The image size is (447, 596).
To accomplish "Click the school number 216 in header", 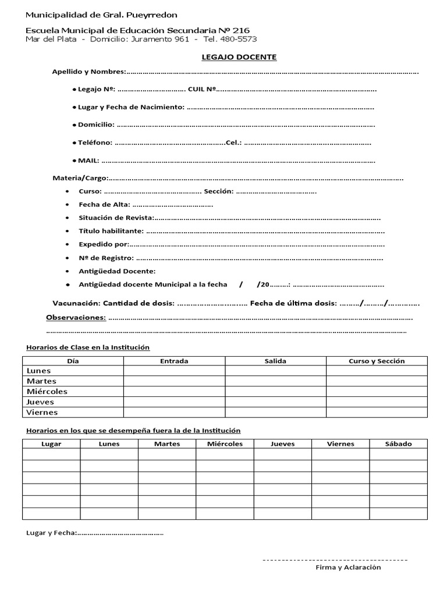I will point(242,30).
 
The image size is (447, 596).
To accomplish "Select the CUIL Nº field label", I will point(202,90).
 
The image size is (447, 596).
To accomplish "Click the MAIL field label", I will point(88,161).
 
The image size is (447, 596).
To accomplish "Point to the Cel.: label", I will point(233,143).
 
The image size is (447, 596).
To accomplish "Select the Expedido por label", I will point(104,244).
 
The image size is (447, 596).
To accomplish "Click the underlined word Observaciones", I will point(76,318).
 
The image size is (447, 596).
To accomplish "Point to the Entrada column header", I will point(174,361).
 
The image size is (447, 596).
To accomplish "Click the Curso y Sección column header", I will point(377,361).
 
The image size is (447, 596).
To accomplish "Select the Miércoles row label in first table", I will point(47,392).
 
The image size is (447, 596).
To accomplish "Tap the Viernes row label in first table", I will point(42,413).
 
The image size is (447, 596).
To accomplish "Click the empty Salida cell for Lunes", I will point(275,371).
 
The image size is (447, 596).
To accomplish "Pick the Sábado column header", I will point(398,444).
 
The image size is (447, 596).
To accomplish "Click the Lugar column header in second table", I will point(51,444).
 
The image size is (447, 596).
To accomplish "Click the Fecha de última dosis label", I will point(293,303).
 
